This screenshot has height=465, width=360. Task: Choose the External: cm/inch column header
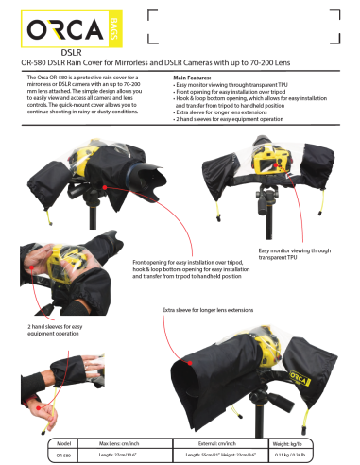point(225,441)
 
